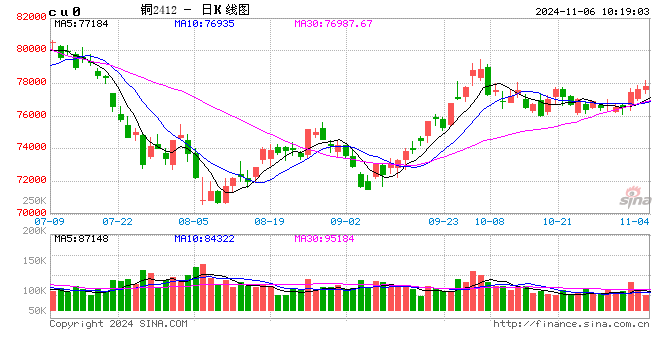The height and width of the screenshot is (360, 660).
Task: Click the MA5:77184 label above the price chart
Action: coord(82,23)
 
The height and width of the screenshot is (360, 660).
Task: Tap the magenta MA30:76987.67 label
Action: coord(334,23)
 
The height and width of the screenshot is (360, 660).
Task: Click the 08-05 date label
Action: coord(193,220)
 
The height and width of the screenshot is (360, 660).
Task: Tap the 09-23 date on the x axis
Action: coord(443,220)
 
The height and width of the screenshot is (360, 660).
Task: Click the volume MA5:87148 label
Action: coord(82,238)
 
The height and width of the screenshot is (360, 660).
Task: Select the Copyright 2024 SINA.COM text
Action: coord(118,324)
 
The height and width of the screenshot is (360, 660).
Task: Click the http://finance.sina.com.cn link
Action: coord(573,324)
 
